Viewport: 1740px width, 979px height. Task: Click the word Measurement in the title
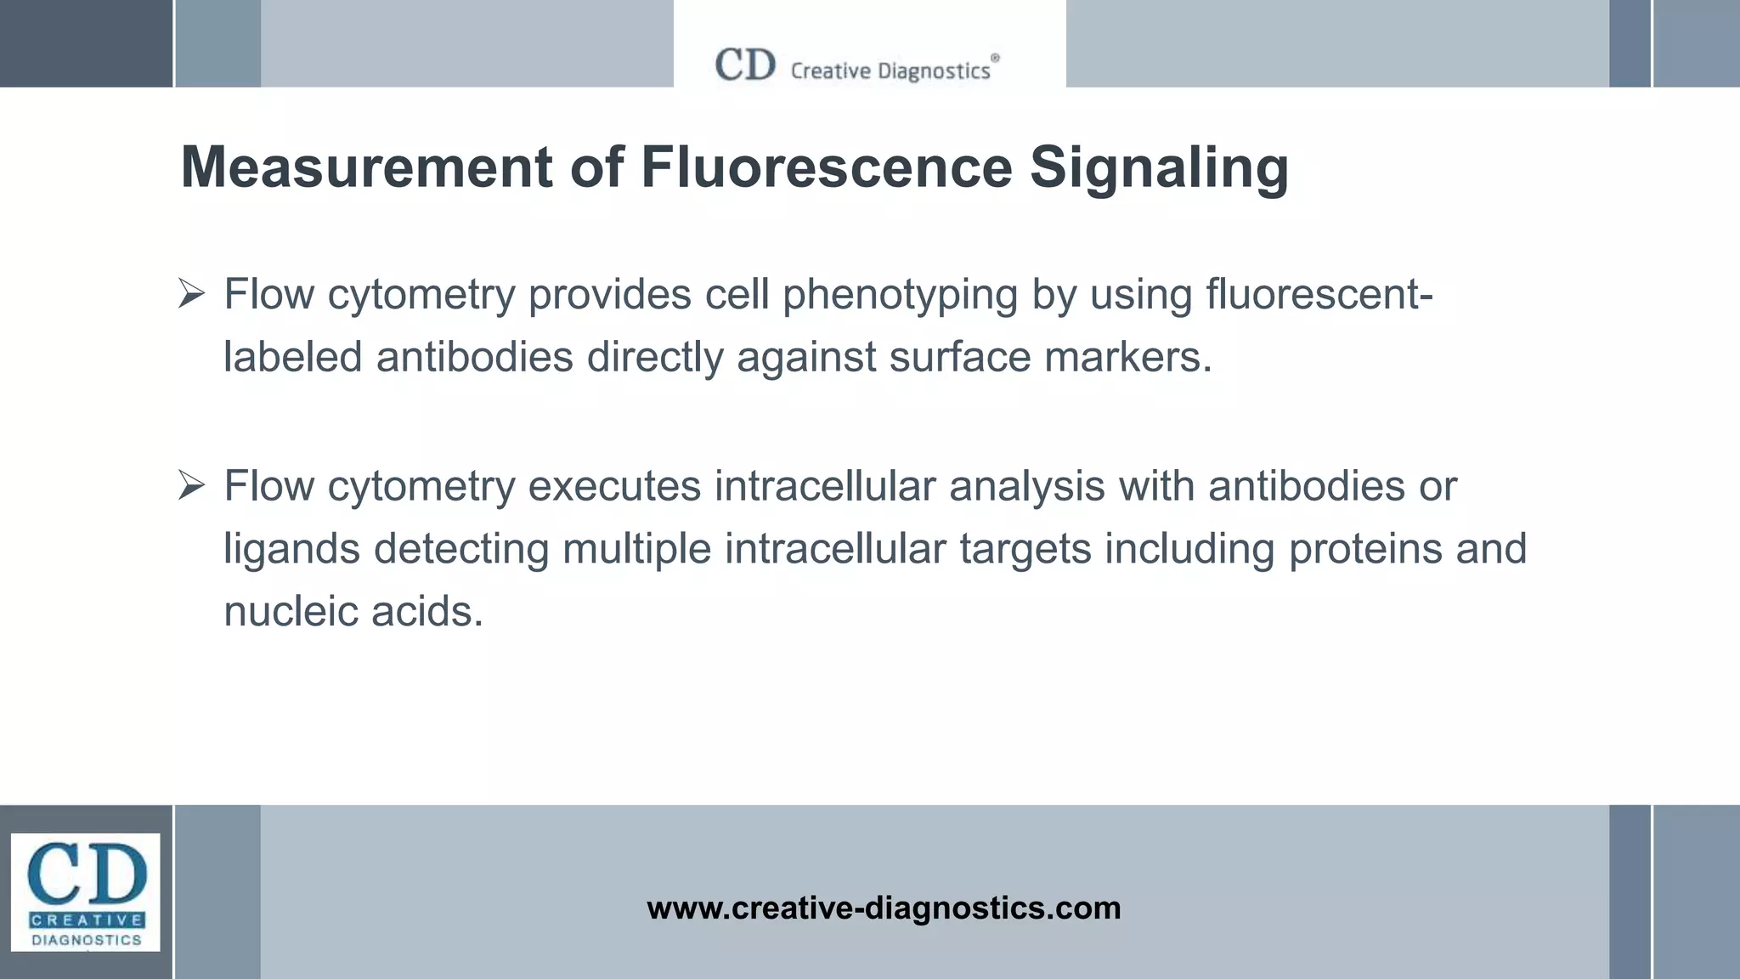(x=366, y=167)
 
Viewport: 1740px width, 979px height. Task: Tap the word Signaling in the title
(x=1159, y=168)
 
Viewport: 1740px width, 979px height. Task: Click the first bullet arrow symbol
(x=192, y=295)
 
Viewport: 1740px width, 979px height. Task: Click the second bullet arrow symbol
(x=192, y=487)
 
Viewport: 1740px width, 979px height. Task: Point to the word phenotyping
(x=900, y=296)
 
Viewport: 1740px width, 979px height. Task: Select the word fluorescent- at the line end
(x=1319, y=295)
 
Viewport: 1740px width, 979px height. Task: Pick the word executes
(x=614, y=487)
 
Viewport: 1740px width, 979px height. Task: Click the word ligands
(x=291, y=550)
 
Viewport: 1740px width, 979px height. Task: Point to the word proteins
(x=1365, y=549)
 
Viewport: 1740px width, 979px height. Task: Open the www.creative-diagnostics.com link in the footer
(x=884, y=908)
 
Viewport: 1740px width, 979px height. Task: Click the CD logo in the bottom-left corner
(x=86, y=892)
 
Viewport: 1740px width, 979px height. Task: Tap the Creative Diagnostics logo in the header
(x=857, y=66)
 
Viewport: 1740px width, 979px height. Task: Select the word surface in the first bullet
(x=960, y=357)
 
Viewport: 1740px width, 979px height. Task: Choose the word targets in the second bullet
(x=1025, y=550)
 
